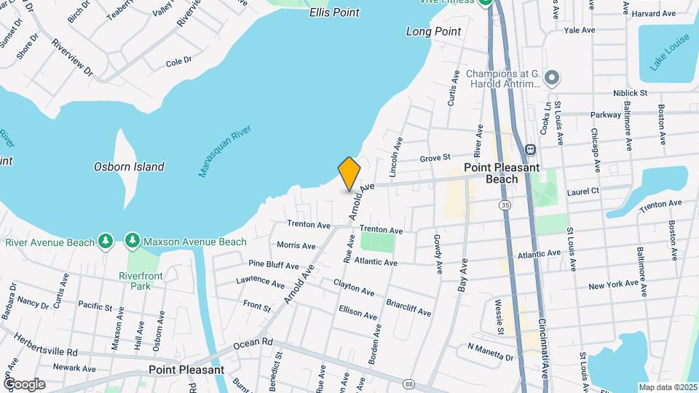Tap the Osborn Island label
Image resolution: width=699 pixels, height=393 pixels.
pyautogui.click(x=129, y=167)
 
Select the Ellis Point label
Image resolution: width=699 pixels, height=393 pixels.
pyautogui.click(x=334, y=12)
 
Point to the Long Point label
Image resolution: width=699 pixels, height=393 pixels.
pyautogui.click(x=433, y=31)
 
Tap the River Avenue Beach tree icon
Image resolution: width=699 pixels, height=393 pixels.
pyautogui.click(x=106, y=240)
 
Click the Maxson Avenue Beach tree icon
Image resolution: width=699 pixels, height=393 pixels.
pyautogui.click(x=132, y=240)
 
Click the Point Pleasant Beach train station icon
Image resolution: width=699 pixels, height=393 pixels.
pyautogui.click(x=531, y=149)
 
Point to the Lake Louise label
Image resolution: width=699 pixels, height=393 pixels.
pyautogui.click(x=668, y=54)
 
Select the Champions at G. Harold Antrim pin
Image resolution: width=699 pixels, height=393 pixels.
pyautogui.click(x=552, y=77)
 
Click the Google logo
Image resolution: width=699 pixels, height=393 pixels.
pyautogui.click(x=24, y=384)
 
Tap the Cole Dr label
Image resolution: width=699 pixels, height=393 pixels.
pyautogui.click(x=178, y=62)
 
